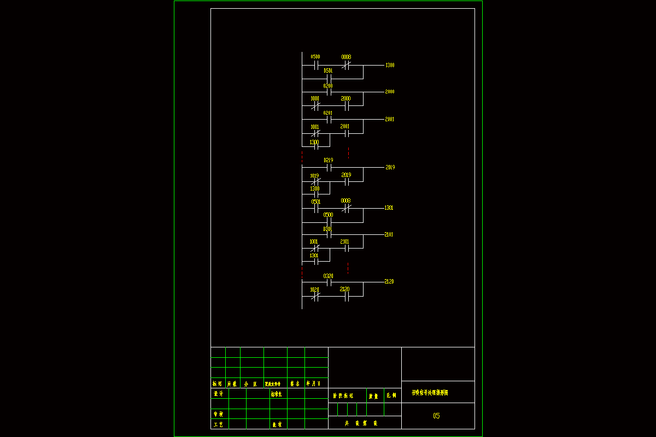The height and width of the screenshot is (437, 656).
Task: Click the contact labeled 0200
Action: tap(329, 92)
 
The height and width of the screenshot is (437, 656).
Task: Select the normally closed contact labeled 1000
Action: tap(315, 105)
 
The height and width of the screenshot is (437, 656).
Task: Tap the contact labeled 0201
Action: tap(329, 119)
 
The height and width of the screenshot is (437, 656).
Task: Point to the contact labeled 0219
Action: tap(329, 168)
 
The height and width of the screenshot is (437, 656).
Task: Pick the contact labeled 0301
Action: tap(329, 235)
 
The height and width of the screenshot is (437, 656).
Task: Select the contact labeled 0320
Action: tap(329, 282)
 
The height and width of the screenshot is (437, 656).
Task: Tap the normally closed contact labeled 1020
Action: tap(315, 297)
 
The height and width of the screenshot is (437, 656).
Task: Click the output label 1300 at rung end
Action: tap(390, 66)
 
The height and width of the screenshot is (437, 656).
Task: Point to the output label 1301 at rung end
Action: tap(389, 208)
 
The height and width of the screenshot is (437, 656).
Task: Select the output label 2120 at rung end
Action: tap(389, 282)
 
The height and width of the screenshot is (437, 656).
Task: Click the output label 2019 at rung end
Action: tap(390, 167)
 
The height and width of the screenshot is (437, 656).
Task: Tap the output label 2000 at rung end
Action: tap(389, 92)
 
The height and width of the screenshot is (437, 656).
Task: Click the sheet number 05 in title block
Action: tap(436, 416)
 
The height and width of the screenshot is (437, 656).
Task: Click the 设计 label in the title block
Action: tap(218, 393)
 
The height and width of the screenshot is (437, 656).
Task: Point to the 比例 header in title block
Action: tap(392, 395)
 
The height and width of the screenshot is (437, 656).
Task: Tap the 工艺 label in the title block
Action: tap(218, 424)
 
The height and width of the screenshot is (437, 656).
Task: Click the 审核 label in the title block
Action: tap(218, 414)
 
